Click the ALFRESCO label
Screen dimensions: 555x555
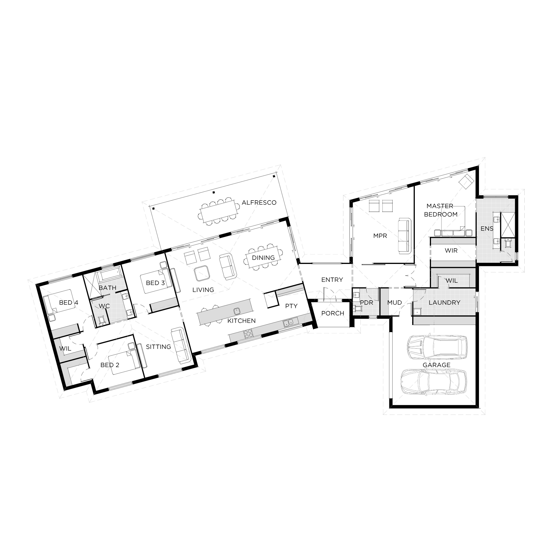coord(259,203)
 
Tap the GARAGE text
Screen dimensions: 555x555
coord(436,365)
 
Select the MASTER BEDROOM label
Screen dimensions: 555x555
coord(441,210)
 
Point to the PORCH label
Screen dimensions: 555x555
coord(333,313)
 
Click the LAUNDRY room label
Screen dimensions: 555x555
coord(444,303)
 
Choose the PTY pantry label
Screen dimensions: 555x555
coord(291,306)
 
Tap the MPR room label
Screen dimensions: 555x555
coord(380,236)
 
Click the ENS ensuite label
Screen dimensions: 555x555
coord(487,229)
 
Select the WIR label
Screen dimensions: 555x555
coord(451,250)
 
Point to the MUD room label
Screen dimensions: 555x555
coord(395,303)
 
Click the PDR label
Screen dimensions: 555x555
coord(367,303)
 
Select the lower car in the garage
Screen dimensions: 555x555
coord(434,382)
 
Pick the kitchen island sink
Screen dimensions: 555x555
coord(237,311)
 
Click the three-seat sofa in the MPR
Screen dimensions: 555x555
coord(404,236)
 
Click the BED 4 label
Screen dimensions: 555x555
coord(69,303)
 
